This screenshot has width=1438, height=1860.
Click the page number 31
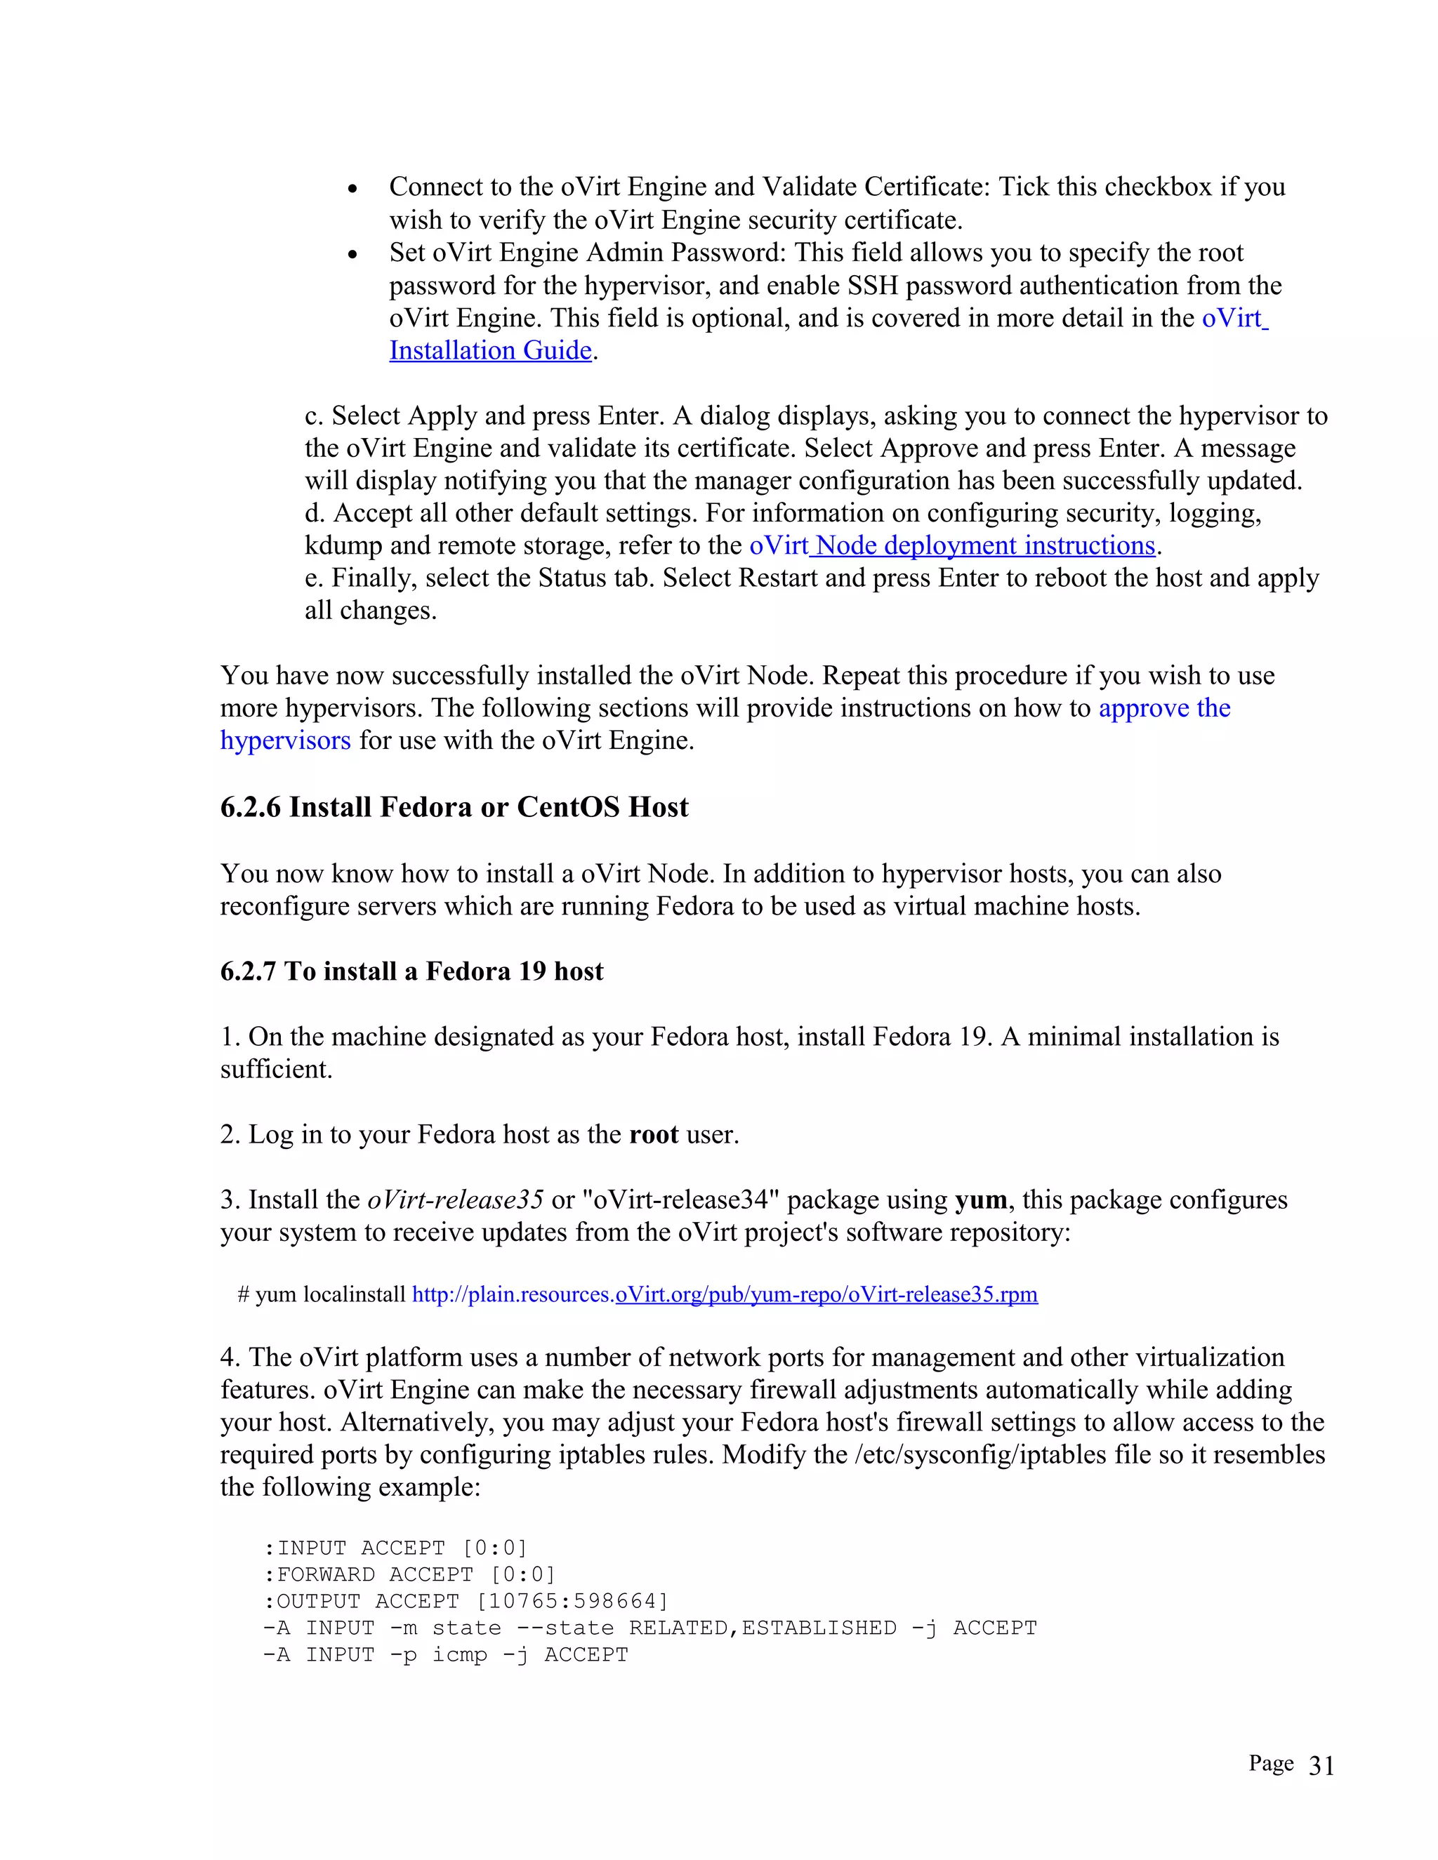point(1321,1767)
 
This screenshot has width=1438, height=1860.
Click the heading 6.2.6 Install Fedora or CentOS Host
point(454,807)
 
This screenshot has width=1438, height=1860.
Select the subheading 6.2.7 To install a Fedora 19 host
point(411,971)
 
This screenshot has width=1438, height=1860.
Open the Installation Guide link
point(490,350)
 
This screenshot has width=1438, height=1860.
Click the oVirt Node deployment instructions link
point(951,545)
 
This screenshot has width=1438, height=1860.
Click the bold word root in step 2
point(654,1134)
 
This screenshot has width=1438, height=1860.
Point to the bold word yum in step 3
point(980,1200)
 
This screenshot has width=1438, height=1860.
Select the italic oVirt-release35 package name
point(455,1200)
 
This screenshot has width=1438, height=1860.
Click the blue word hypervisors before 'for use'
point(285,740)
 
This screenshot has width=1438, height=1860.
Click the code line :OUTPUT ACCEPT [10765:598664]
point(466,1601)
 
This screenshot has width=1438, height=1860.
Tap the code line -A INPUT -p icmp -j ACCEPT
point(446,1655)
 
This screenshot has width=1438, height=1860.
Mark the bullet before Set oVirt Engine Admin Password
point(352,255)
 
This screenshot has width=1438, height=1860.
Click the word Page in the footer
point(1271,1764)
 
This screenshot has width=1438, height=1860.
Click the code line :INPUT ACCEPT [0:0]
point(395,1548)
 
